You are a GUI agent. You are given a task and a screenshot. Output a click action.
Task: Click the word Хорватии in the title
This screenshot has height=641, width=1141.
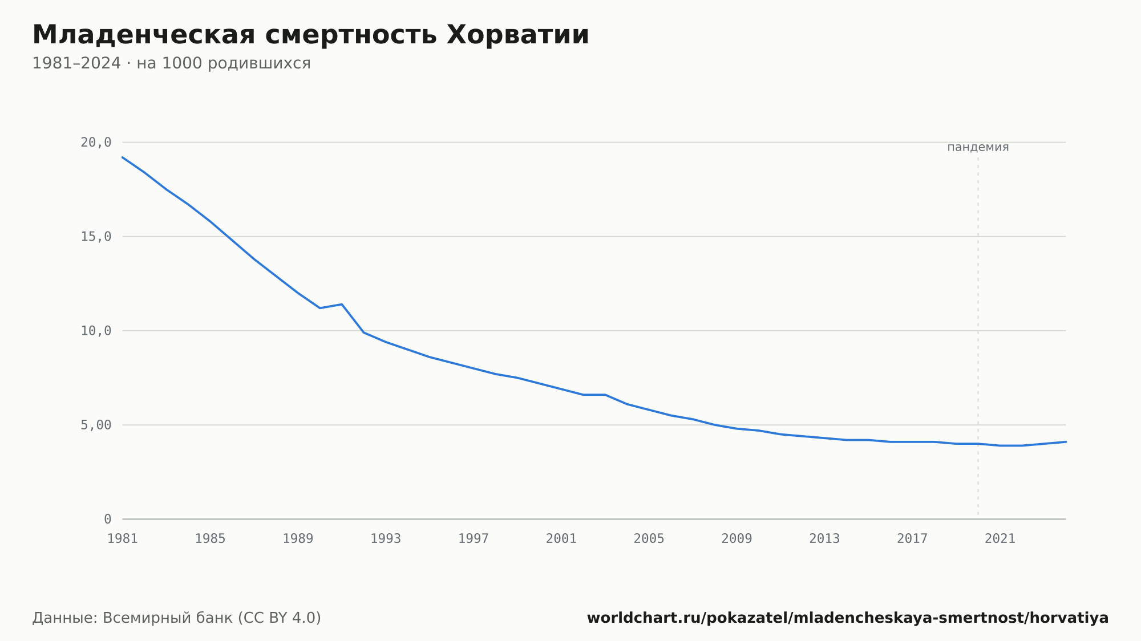pos(517,35)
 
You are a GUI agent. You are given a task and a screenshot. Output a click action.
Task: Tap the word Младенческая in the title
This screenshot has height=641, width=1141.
pos(144,35)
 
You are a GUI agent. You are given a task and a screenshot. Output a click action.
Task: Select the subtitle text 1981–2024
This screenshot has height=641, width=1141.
pos(76,63)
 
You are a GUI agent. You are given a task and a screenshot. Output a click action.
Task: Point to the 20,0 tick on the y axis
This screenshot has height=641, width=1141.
pos(96,143)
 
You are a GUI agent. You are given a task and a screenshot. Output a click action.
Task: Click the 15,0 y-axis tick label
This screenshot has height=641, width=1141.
pos(96,237)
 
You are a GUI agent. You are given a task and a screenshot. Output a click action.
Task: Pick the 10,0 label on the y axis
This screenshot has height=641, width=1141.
pos(96,331)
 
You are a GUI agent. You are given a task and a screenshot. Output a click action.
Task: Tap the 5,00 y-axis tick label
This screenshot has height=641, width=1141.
pos(96,425)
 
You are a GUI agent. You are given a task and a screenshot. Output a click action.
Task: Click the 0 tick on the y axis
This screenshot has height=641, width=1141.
pos(107,520)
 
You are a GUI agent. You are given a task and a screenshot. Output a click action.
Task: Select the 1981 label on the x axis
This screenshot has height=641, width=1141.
pos(123,539)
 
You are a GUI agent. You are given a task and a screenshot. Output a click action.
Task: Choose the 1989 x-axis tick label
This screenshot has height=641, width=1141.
pos(298,539)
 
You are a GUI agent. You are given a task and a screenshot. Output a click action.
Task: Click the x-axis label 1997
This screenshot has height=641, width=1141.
pos(474,539)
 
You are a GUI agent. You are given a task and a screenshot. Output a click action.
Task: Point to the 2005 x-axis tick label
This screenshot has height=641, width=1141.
pos(649,539)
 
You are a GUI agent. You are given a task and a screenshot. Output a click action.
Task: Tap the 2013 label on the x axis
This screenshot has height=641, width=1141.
pos(824,539)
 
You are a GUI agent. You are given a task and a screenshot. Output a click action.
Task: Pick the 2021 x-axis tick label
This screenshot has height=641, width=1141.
pos(1000,539)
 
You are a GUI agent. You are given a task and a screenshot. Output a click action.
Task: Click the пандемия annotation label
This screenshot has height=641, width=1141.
pos(978,147)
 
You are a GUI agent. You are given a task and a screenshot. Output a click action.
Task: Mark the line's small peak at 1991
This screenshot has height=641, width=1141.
pos(342,304)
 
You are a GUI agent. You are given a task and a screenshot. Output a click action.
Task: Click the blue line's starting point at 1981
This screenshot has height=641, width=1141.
pos(123,157)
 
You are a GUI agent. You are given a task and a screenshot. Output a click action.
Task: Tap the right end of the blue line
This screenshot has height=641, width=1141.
pos(1066,442)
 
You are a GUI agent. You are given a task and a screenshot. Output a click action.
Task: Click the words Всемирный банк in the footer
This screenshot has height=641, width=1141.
pos(168,618)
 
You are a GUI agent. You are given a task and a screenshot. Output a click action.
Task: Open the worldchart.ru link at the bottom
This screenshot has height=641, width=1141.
pos(848,618)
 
